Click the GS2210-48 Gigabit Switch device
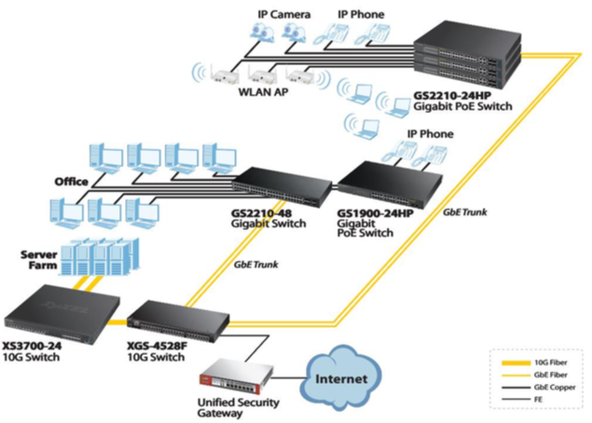click(x=281, y=186)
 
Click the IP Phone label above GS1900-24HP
click(x=428, y=134)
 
